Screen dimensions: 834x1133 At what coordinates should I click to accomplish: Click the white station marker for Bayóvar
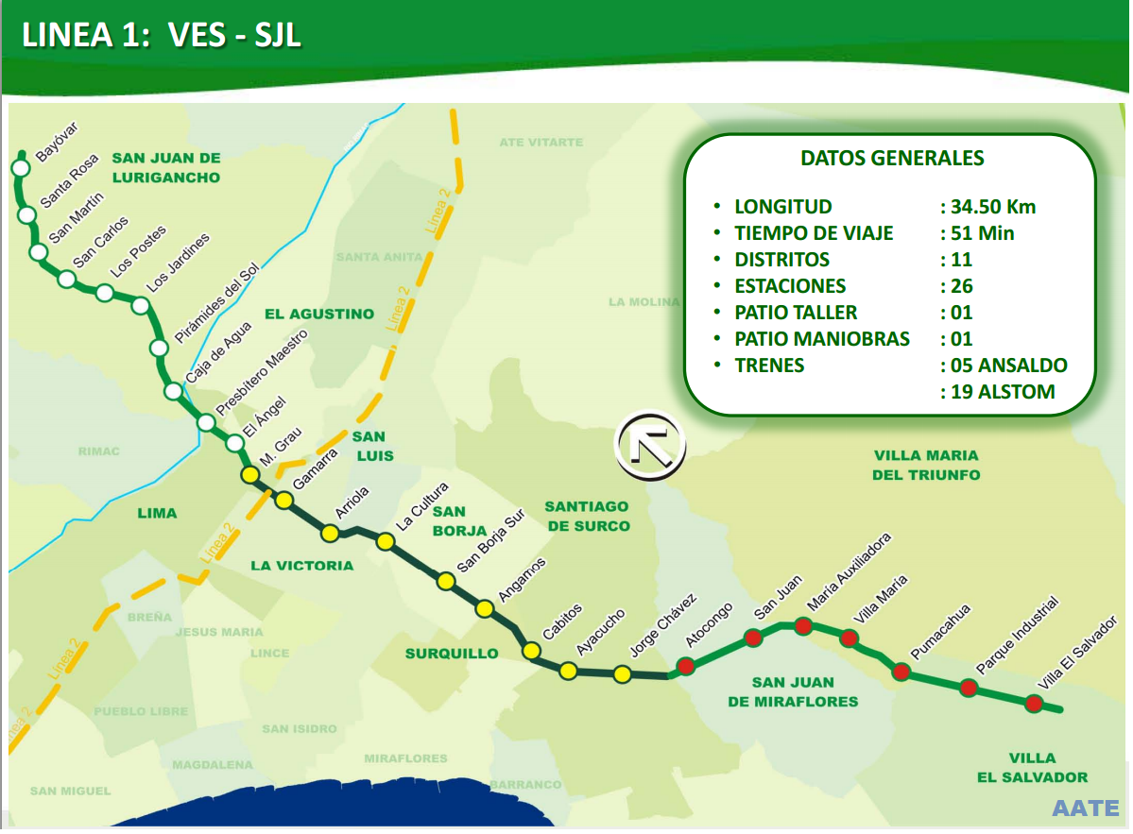click(x=20, y=168)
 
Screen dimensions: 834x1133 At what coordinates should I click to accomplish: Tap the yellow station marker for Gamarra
click(x=283, y=500)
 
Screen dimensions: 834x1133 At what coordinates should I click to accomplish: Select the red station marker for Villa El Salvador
click(x=1034, y=703)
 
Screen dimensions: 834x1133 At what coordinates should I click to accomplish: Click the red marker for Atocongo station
click(x=686, y=665)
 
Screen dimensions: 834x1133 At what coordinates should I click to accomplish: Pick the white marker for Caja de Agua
click(x=159, y=349)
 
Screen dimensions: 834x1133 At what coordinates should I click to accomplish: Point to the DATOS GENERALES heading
click(x=891, y=159)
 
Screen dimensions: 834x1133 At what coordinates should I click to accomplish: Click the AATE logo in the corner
click(x=1085, y=808)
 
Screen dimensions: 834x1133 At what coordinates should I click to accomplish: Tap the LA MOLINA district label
click(x=644, y=302)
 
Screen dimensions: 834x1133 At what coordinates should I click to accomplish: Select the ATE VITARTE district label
click(x=541, y=142)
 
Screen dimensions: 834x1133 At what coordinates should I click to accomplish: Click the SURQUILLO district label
click(x=452, y=654)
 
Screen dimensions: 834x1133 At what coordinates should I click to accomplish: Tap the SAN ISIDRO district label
click(x=300, y=729)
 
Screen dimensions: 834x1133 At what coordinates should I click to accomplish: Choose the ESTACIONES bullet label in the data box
click(x=790, y=286)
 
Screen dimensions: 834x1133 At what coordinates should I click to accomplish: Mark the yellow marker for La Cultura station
click(x=385, y=541)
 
